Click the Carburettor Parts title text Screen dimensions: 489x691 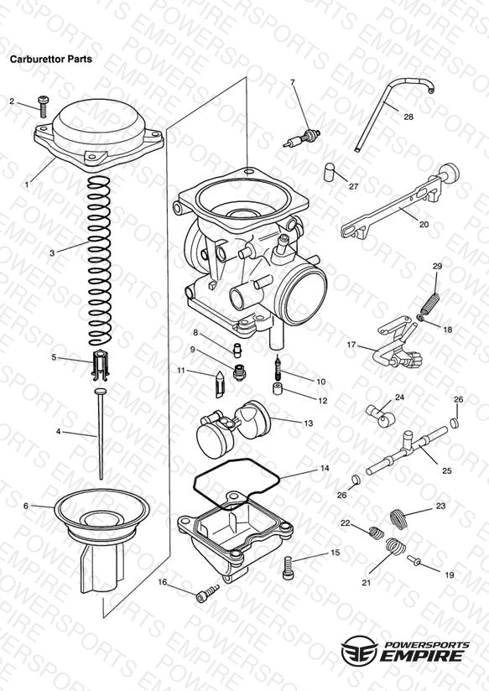(51, 59)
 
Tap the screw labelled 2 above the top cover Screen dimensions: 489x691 (44, 107)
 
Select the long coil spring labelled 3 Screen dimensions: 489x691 (99, 261)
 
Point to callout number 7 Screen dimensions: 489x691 (293, 82)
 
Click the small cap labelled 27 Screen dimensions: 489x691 (329, 172)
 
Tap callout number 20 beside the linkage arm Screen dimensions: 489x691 (424, 224)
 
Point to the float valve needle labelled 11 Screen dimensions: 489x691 (220, 385)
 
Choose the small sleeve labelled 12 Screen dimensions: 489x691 (278, 389)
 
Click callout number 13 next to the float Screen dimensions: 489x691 (308, 423)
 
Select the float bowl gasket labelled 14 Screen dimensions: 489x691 (237, 483)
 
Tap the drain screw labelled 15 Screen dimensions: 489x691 (288, 568)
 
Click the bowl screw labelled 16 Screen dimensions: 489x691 (207, 593)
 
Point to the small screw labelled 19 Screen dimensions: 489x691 (414, 560)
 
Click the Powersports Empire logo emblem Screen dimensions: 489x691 (359, 650)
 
